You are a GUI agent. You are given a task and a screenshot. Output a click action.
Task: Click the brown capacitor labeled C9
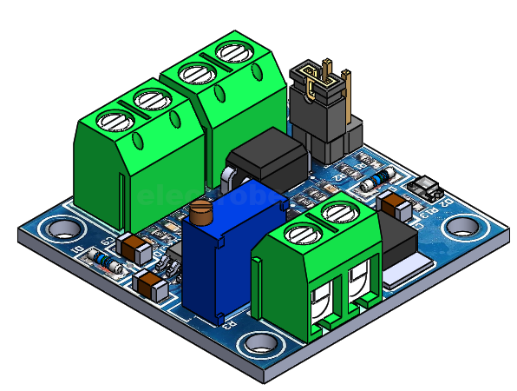pyautogui.click(x=136, y=249)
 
